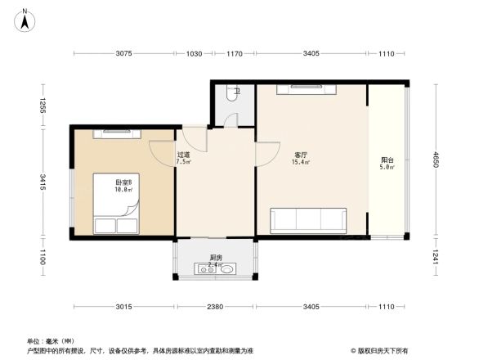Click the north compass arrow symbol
point(25,20)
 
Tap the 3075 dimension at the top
point(123,54)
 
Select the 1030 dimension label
point(194,54)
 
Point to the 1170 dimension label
point(235,54)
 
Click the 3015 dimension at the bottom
point(123,308)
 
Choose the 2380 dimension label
point(214,308)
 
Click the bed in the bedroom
point(115,204)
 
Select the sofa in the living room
point(310,220)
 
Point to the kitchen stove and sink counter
point(216,268)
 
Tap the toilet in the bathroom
point(235,92)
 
